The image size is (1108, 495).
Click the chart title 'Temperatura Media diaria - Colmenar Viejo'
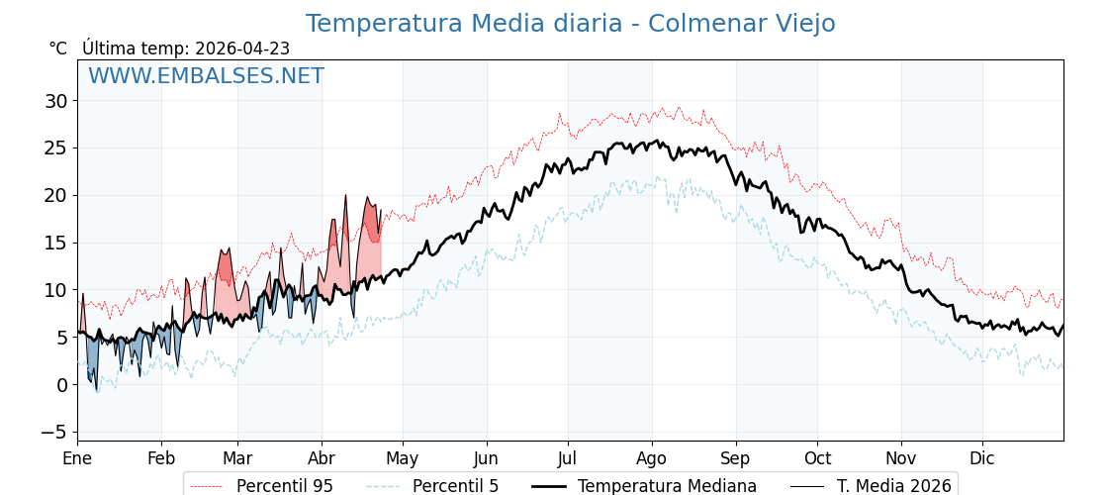(x=570, y=24)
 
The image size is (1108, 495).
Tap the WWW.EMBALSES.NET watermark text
(x=206, y=76)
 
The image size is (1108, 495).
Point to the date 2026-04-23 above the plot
(x=242, y=49)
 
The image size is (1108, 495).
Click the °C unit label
(x=57, y=49)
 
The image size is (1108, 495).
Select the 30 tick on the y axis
(x=55, y=101)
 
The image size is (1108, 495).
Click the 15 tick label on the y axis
(x=55, y=243)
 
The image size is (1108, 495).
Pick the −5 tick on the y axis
(x=53, y=432)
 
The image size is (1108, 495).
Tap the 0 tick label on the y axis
(x=61, y=385)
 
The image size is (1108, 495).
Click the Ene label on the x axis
(x=77, y=458)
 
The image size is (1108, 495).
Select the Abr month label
(x=322, y=458)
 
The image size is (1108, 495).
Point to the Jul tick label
(x=568, y=458)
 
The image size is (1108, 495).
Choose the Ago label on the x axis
(x=652, y=458)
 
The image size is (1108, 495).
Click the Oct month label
(x=817, y=458)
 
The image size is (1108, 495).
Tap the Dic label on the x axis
(x=982, y=458)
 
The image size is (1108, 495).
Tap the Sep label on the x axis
(x=736, y=458)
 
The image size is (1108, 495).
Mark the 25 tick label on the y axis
(x=55, y=148)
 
